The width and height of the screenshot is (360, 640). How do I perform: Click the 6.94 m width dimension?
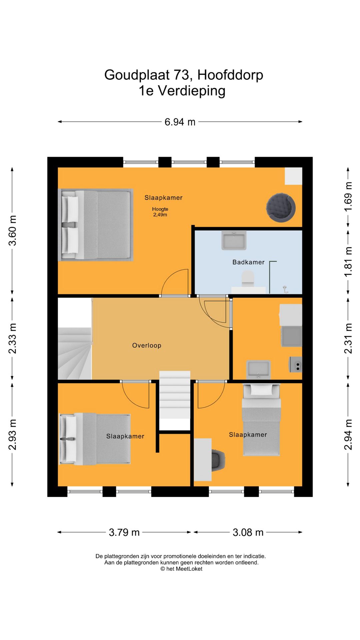click(180, 122)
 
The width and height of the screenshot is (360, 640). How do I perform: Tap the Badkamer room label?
click(248, 262)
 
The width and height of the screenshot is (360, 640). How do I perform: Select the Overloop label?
click(147, 346)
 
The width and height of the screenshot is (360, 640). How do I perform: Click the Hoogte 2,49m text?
click(160, 212)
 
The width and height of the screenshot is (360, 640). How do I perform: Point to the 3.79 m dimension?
click(124, 532)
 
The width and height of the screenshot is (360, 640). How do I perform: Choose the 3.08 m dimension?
click(248, 532)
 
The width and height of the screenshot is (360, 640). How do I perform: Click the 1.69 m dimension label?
click(348, 196)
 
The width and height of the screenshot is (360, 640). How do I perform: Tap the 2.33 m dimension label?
click(12, 338)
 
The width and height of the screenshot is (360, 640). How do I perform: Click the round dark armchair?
click(281, 207)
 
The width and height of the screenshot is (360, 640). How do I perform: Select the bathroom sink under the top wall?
click(234, 240)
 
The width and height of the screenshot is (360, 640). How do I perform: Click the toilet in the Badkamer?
click(248, 279)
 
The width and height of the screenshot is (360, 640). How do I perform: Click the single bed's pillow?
click(261, 390)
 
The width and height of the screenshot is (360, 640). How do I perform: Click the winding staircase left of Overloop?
click(75, 353)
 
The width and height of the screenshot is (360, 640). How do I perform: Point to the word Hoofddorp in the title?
click(230, 75)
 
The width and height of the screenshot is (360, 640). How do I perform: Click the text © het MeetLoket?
click(181, 569)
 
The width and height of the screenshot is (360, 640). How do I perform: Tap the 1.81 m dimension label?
click(348, 262)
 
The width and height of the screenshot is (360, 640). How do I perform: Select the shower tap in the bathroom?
click(285, 289)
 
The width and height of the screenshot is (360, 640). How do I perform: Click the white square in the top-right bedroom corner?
click(293, 176)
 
